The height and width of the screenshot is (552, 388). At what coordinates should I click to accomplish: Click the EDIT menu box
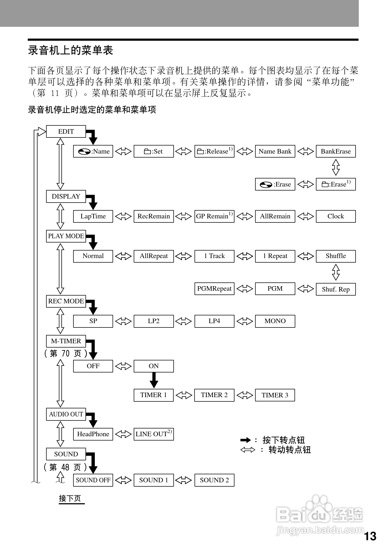(x=66, y=131)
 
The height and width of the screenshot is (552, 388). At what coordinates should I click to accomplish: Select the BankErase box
(x=335, y=151)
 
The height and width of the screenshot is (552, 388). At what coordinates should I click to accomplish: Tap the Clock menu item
(x=335, y=216)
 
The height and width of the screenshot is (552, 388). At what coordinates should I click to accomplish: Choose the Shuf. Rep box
(x=335, y=289)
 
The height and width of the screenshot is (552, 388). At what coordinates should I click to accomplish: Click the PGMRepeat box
(x=214, y=289)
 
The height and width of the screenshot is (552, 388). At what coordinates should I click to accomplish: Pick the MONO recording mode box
(x=275, y=321)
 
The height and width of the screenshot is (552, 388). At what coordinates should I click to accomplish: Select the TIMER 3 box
(x=275, y=395)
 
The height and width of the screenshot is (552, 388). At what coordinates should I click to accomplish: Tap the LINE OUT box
(x=154, y=434)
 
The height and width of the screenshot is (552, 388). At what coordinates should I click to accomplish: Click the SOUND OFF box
(x=93, y=480)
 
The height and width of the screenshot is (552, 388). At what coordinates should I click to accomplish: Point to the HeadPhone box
(x=93, y=434)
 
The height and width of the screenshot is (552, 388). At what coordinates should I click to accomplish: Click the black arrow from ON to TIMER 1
(x=154, y=380)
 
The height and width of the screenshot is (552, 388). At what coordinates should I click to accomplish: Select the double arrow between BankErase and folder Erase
(x=335, y=167)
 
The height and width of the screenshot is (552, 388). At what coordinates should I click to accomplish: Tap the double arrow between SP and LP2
(x=123, y=321)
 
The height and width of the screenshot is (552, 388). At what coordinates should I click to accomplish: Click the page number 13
(x=370, y=536)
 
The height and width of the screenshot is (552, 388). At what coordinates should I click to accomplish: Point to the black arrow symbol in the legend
(x=245, y=440)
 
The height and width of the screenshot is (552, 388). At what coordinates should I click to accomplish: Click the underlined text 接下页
(x=70, y=498)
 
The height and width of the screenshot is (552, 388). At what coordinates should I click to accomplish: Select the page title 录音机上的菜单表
(x=70, y=50)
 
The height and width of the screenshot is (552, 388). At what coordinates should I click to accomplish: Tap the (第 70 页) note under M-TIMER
(x=66, y=353)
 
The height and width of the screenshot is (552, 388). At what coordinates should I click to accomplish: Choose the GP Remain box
(x=214, y=216)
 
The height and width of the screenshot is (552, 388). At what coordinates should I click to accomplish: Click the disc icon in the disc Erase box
(x=266, y=185)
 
